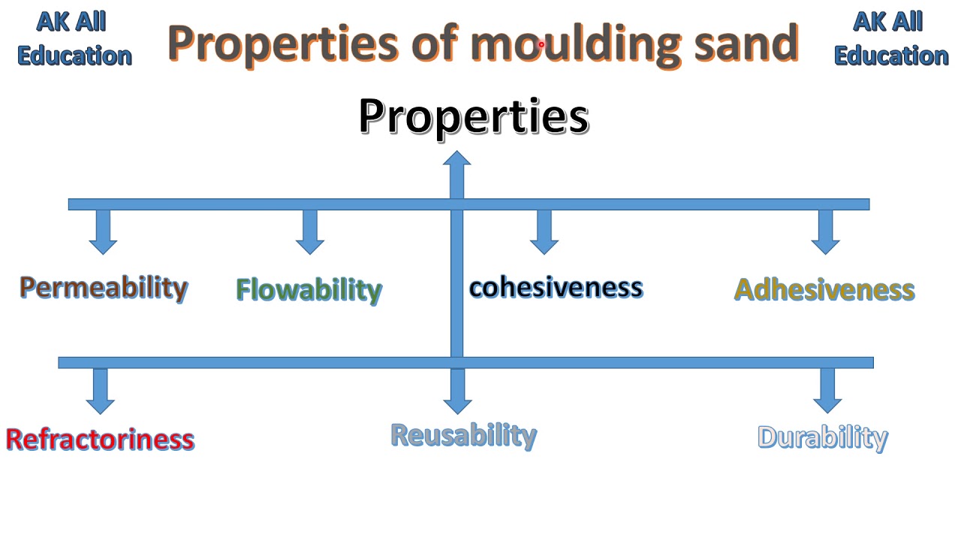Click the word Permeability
[x=104, y=288]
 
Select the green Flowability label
[x=309, y=290]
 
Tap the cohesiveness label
[x=556, y=288]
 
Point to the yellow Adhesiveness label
[x=824, y=290]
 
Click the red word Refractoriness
[x=100, y=440]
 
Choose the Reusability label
[x=463, y=436]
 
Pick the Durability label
[x=822, y=437]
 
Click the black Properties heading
[x=474, y=116]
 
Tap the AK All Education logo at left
[x=74, y=39]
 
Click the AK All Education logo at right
[x=890, y=39]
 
